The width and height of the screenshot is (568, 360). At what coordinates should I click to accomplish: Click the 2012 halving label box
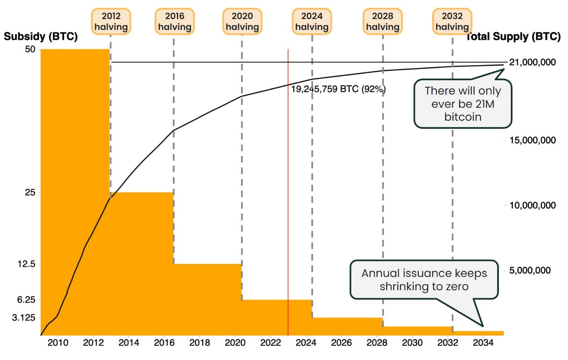point(111,21)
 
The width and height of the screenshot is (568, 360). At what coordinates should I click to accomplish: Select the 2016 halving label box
point(174,21)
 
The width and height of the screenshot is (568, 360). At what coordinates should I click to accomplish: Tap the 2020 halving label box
point(242,21)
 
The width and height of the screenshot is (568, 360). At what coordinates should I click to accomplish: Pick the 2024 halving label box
point(312,21)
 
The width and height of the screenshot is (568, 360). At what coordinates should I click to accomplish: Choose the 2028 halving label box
point(383,21)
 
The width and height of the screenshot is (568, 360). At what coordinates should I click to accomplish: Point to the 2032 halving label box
point(452,21)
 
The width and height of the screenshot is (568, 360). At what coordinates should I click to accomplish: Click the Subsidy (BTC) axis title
point(41,37)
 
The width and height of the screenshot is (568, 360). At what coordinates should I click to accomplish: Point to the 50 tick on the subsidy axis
point(30,49)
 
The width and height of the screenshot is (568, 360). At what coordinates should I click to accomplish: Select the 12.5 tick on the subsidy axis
point(26,264)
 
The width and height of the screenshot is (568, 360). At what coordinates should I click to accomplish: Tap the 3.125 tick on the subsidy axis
point(24,317)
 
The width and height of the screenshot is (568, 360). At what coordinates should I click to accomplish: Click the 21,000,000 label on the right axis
point(532,62)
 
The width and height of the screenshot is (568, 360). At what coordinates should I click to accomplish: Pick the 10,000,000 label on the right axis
point(532,205)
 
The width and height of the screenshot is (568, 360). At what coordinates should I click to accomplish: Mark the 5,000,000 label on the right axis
point(530,271)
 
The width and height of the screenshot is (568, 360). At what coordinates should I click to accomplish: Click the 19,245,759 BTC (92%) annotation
point(338,89)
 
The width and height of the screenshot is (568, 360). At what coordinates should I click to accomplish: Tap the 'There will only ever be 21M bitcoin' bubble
point(463,104)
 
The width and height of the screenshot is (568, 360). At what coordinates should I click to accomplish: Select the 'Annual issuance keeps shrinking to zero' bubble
point(424,280)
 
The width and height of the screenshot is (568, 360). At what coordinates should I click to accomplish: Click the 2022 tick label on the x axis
point(270,343)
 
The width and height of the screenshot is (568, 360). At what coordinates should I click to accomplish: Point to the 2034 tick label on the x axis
point(483,343)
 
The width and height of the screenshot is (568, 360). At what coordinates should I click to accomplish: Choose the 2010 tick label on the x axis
point(58,343)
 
